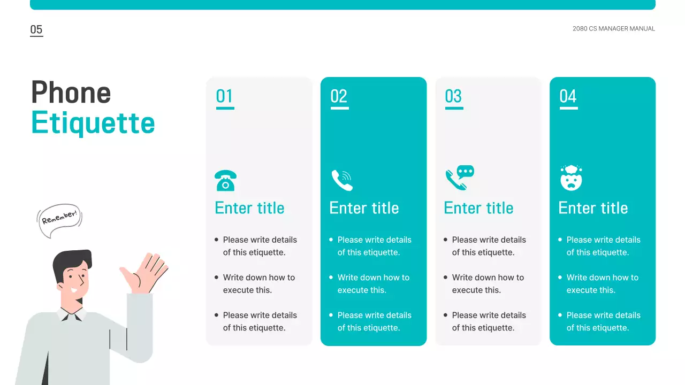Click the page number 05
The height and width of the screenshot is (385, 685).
pyautogui.click(x=36, y=30)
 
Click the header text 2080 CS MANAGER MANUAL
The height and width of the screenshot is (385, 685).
pyautogui.click(x=613, y=29)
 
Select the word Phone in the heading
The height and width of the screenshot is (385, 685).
pyautogui.click(x=71, y=93)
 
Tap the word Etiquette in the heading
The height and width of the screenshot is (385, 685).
pyautogui.click(x=93, y=123)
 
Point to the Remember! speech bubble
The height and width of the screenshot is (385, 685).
pyautogui.click(x=59, y=220)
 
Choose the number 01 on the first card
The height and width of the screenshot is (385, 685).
pyautogui.click(x=225, y=97)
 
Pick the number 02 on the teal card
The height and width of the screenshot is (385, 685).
pyautogui.click(x=339, y=97)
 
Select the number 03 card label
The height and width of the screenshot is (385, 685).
pyautogui.click(x=454, y=97)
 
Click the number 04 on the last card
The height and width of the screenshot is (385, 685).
pyautogui.click(x=568, y=97)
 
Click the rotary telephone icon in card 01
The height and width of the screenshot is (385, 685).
pyautogui.click(x=225, y=181)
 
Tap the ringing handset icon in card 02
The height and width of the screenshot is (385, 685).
pyautogui.click(x=341, y=180)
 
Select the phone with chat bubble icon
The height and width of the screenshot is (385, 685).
pyautogui.click(x=460, y=178)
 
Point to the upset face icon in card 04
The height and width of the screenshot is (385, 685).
pyautogui.click(x=571, y=179)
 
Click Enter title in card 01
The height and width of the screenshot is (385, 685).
pyautogui.click(x=249, y=208)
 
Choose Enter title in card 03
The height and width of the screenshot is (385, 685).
pyautogui.click(x=478, y=208)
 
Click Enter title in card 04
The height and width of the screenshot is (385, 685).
pyautogui.click(x=593, y=208)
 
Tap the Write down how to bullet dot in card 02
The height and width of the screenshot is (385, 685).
pyautogui.click(x=331, y=278)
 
